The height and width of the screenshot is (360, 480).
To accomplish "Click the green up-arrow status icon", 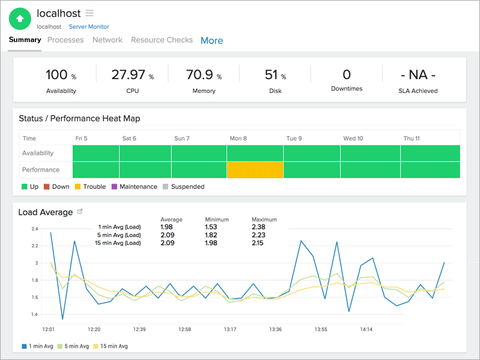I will click(x=20, y=19).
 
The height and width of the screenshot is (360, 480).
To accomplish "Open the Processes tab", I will click(x=65, y=40).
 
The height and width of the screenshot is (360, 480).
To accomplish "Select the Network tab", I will click(x=107, y=40).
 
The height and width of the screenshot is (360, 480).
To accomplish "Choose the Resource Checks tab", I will click(x=162, y=40).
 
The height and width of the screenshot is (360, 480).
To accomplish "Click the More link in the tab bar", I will click(x=212, y=41).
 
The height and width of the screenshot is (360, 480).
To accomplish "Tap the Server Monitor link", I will click(x=89, y=26).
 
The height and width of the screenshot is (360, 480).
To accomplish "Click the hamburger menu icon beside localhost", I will click(x=89, y=13).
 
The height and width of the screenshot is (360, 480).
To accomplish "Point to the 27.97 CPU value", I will click(x=129, y=75).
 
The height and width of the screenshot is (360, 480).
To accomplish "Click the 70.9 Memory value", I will click(x=200, y=75).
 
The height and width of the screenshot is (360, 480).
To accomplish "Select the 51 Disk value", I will click(x=271, y=75).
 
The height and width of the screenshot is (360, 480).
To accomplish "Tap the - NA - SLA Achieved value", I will click(x=418, y=75).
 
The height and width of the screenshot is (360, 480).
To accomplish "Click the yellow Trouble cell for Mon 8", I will click(x=255, y=170).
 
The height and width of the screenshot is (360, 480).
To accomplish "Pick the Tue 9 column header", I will click(x=294, y=138).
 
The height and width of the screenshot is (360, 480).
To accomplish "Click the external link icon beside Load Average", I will click(x=80, y=211).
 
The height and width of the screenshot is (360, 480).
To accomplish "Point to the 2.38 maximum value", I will click(x=259, y=227).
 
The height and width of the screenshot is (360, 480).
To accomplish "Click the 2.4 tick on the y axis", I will click(x=34, y=229).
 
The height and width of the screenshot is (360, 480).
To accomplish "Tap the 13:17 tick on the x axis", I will click(x=230, y=329).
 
